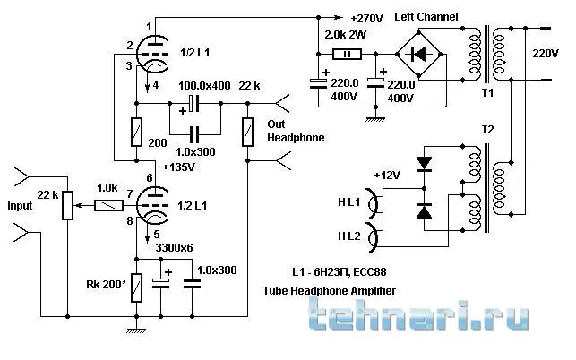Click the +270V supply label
pyautogui.click(x=370, y=18)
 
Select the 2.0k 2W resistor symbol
pyautogui.click(x=344, y=53)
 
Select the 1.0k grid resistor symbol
pyautogui.click(x=108, y=205)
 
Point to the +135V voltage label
pyautogui.click(x=180, y=167)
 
